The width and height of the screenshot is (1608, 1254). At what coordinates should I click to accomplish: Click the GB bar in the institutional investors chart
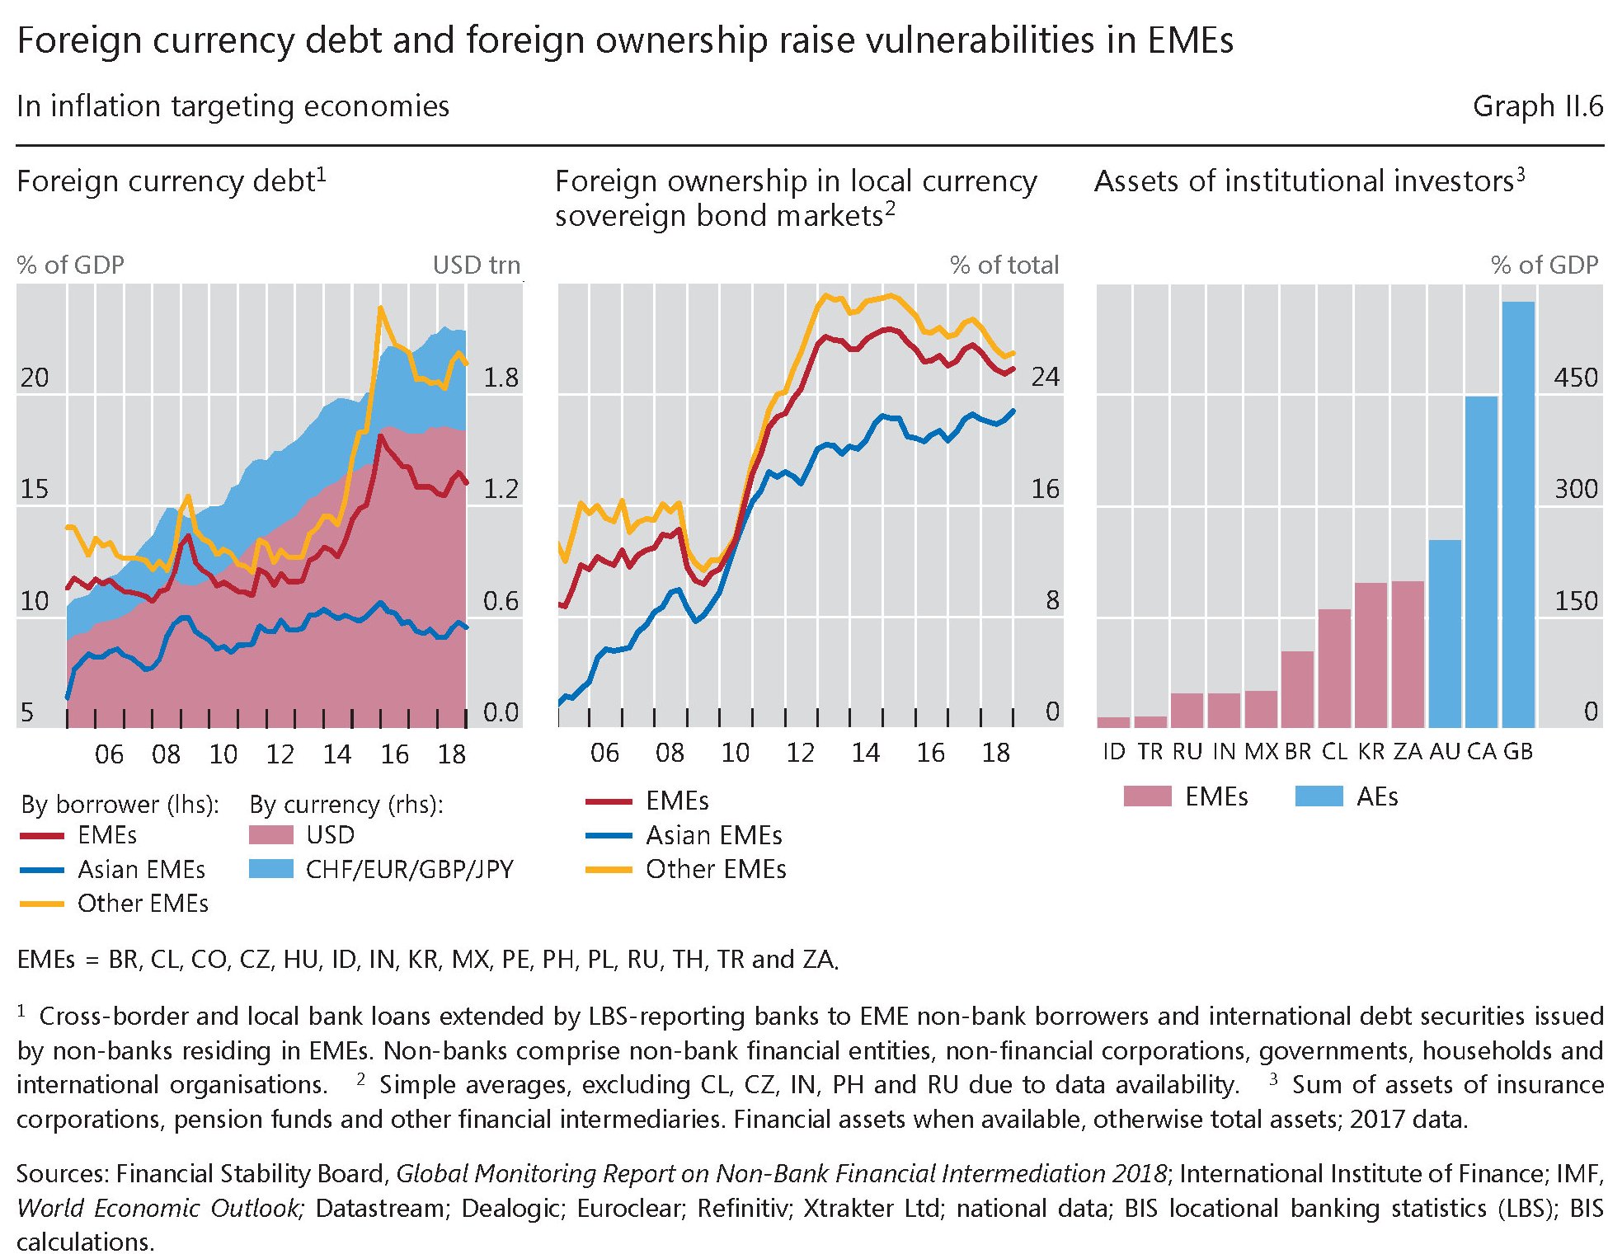1518,514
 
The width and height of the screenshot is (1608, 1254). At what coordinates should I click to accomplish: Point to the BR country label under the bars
1298,751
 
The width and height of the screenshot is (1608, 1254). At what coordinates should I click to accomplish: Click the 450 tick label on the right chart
1576,378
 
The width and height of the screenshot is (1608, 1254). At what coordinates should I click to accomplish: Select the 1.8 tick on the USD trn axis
501,378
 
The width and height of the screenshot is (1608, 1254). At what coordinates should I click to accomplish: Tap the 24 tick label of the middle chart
1045,377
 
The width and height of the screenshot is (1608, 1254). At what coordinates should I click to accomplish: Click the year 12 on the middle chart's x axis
800,753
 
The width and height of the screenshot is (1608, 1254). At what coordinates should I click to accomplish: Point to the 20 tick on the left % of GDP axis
35,378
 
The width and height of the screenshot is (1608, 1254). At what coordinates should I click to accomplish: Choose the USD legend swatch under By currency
270,835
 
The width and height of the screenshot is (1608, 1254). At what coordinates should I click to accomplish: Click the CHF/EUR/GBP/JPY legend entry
409,869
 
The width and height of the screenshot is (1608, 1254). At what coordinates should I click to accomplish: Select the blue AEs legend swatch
1319,796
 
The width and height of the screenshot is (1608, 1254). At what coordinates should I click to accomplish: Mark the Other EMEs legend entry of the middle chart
715,869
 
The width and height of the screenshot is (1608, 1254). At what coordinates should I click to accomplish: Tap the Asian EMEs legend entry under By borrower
141,869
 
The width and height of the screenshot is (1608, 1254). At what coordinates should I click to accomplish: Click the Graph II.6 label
1537,106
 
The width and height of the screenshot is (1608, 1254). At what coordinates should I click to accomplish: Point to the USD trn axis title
477,265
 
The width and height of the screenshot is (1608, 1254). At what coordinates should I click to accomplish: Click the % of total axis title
1004,265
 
